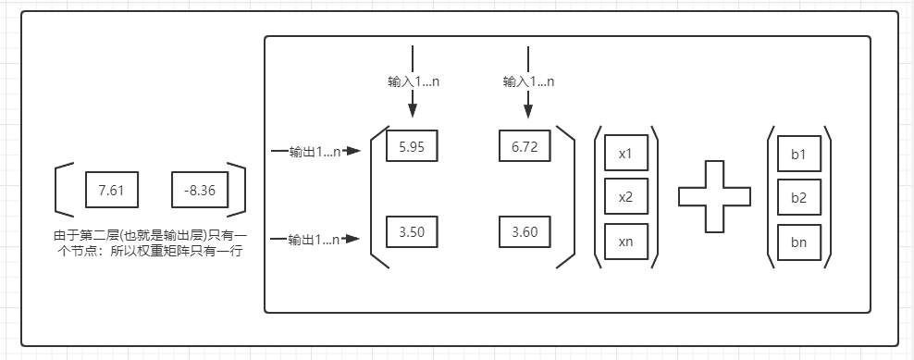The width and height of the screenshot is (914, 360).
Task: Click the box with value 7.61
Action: pos(110,190)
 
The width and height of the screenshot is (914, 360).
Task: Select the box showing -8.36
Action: pos(200,190)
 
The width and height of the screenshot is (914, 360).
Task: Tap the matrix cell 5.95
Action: pos(412,146)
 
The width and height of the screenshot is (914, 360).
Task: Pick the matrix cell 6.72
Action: pos(525,146)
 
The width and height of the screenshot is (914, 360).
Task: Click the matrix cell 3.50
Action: pos(412,232)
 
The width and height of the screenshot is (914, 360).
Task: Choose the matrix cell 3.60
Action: pos(525,232)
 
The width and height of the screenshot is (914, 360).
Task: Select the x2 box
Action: pos(625,196)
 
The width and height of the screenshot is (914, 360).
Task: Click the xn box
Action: pos(625,240)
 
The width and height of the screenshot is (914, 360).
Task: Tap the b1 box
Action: pos(798,154)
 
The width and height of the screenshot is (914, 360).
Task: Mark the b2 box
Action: pos(798,196)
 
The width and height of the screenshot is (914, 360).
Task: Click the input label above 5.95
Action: pos(414,81)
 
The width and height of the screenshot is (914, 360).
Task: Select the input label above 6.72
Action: pos(528,81)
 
